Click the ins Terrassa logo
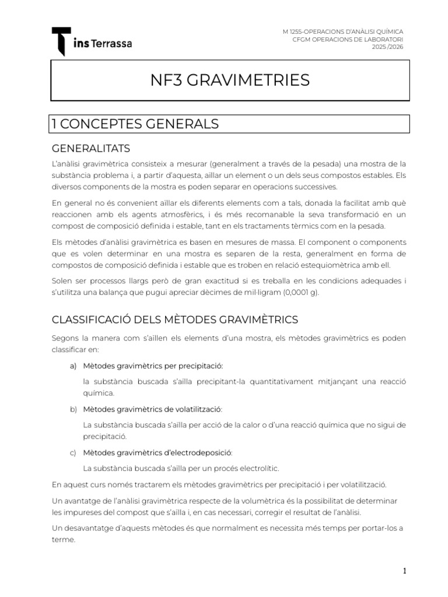92,42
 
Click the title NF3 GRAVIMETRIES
230,80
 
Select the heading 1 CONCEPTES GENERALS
135,124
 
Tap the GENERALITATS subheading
91,148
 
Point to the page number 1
404,571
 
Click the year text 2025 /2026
388,46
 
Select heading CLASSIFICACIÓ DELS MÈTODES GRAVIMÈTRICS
175,319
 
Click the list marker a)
73,366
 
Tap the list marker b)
73,409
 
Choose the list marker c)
73,452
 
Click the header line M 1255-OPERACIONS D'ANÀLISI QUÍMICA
342,31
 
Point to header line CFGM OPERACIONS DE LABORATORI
347,38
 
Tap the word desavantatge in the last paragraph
93,528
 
